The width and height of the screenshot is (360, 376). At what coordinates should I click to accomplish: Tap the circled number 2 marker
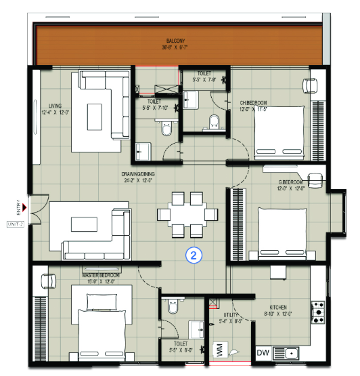[x=194, y=255]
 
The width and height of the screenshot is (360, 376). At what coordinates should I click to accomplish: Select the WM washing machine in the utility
[x=219, y=349]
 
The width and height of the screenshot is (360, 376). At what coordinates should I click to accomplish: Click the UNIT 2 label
[x=15, y=223]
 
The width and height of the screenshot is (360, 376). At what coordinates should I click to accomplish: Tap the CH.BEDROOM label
[x=254, y=104]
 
